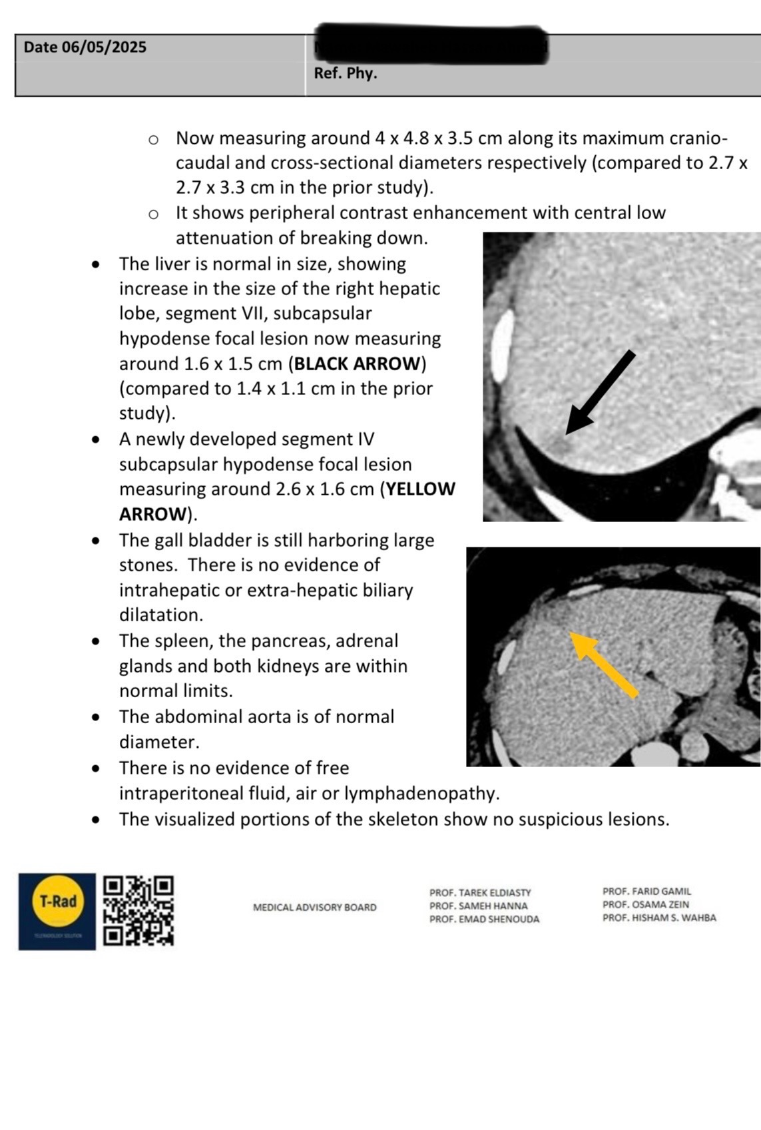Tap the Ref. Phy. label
(x=346, y=73)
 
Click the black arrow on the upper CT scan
(x=599, y=393)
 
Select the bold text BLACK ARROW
(x=358, y=364)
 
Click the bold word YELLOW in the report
(x=421, y=489)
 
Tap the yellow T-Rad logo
(x=58, y=902)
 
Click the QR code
(x=139, y=910)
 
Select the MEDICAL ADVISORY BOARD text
(x=314, y=907)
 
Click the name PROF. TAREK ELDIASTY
(x=480, y=892)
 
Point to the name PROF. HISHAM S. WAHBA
(x=659, y=918)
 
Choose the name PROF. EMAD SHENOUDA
(x=484, y=919)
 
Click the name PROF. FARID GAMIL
(x=646, y=891)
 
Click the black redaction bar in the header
(x=431, y=44)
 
